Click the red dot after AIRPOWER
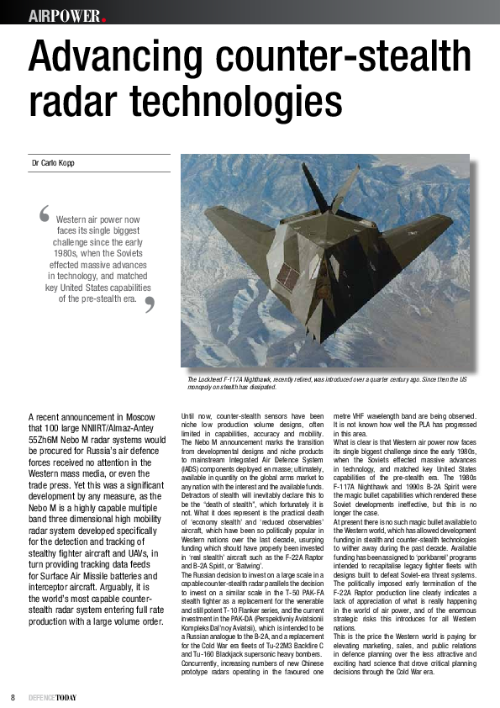pyautogui.click(x=103, y=18)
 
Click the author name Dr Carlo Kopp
pyautogui.click(x=52, y=162)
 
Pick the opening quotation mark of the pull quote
pyautogui.click(x=44, y=214)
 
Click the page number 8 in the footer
pyautogui.click(x=13, y=696)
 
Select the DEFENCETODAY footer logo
pyautogui.click(x=56, y=696)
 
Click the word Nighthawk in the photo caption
pyautogui.click(x=265, y=380)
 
